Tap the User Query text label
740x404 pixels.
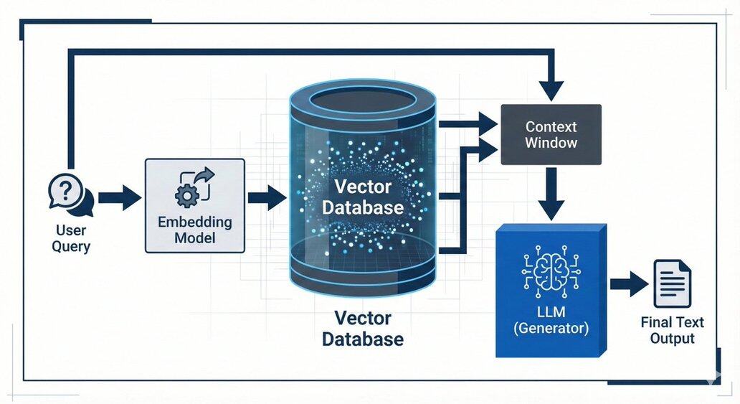(71, 238)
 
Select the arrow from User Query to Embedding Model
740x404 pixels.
(119, 197)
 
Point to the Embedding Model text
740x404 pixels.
(195, 229)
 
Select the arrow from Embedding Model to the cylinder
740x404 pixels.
(266, 197)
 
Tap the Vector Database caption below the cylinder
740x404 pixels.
(362, 329)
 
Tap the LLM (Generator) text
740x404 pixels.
(551, 320)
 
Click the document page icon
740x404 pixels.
(671, 284)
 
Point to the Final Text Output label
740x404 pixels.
(672, 330)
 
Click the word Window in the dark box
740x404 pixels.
(551, 143)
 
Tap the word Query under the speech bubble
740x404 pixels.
(71, 246)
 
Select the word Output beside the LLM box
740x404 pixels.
(672, 338)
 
